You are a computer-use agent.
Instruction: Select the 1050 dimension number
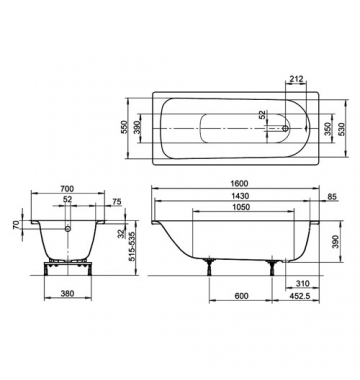coord(241,207)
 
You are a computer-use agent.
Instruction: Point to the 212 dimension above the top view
coord(296,79)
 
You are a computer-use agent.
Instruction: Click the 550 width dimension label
coord(124,128)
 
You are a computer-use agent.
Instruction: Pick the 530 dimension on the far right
coord(341,129)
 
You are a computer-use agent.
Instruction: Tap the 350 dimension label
coord(328,129)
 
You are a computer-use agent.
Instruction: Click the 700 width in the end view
coord(67,189)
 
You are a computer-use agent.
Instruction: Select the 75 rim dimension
coord(117,202)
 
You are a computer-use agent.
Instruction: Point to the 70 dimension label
coord(16,225)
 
